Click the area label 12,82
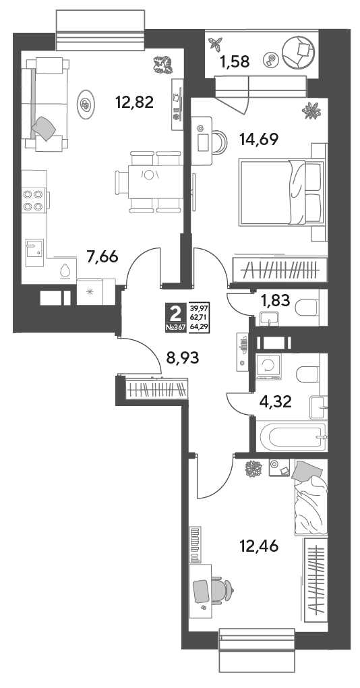[134, 103]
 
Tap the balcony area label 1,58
[235, 62]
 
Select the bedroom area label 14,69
[259, 139]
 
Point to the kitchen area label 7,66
[102, 257]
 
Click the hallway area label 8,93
[183, 357]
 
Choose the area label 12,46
[259, 546]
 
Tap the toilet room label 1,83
[275, 301]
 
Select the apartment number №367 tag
[176, 326]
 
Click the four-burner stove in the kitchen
[34, 200]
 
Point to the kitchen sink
[34, 252]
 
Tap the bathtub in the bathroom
[293, 436]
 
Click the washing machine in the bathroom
[268, 366]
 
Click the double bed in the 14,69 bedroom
[280, 192]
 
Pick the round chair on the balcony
[298, 52]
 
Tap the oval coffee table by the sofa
[86, 104]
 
